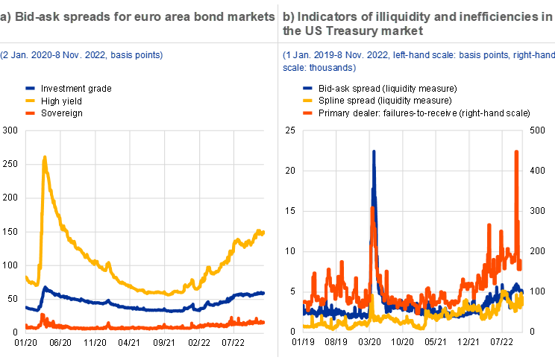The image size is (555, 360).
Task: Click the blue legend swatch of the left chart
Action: (31, 88)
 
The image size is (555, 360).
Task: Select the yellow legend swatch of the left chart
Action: (31, 100)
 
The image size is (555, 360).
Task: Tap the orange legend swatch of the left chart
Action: (31, 113)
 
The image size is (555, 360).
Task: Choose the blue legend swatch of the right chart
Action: (307, 88)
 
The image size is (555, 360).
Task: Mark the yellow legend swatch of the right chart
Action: (307, 100)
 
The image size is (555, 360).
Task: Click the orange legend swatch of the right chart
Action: (307, 113)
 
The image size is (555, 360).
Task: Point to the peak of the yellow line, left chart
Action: (45, 157)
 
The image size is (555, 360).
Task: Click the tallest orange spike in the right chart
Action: (517, 152)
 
